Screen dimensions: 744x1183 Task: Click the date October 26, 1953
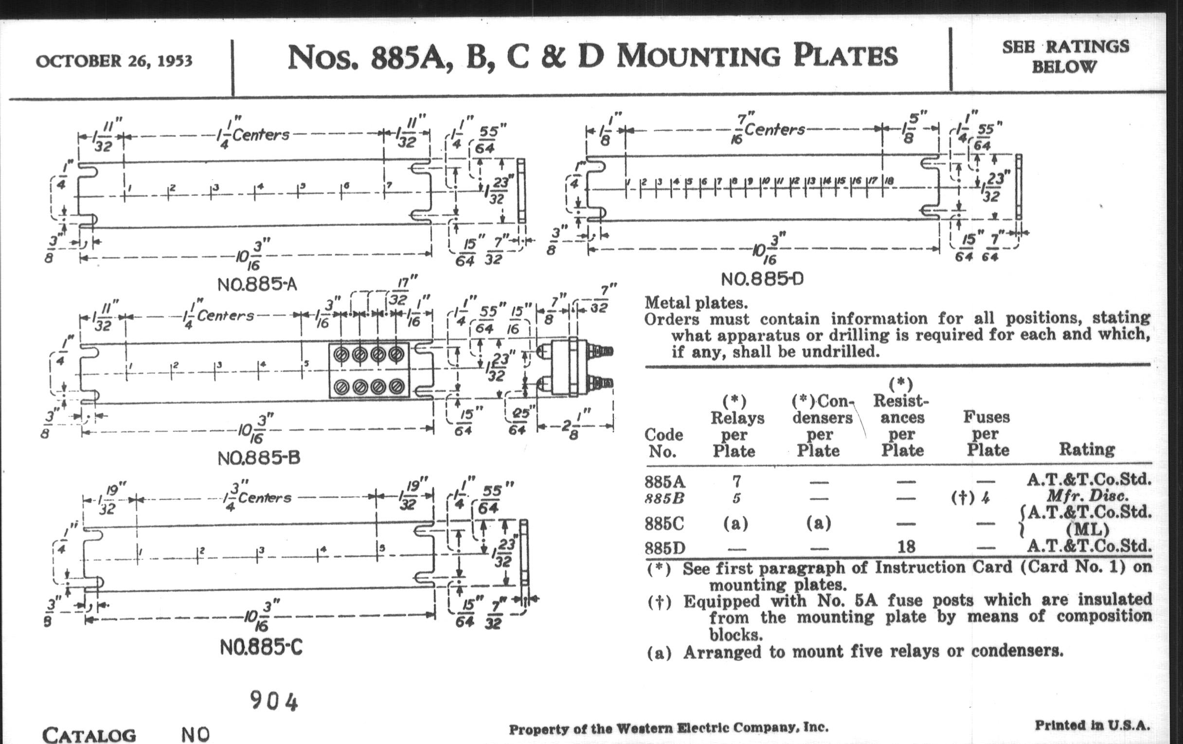click(x=114, y=61)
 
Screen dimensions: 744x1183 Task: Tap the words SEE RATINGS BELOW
click(x=1066, y=56)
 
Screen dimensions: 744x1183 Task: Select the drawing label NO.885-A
click(x=257, y=284)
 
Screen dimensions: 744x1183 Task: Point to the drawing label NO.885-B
click(x=259, y=458)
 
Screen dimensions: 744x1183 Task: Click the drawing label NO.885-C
click(x=261, y=648)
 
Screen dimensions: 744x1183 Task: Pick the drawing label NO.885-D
click(x=762, y=279)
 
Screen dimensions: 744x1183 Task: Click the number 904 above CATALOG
click(x=274, y=701)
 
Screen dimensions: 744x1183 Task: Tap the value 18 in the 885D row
click(x=906, y=547)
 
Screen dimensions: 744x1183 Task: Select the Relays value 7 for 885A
click(x=736, y=481)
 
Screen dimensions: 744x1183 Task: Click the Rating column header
click(x=1086, y=449)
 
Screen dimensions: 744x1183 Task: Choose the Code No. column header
click(x=663, y=443)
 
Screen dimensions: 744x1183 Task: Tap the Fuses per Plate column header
click(x=986, y=433)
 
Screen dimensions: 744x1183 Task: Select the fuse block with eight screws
click(x=369, y=370)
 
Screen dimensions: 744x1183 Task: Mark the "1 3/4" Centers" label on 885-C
click(x=257, y=497)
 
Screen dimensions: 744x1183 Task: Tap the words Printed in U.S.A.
click(x=1092, y=725)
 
